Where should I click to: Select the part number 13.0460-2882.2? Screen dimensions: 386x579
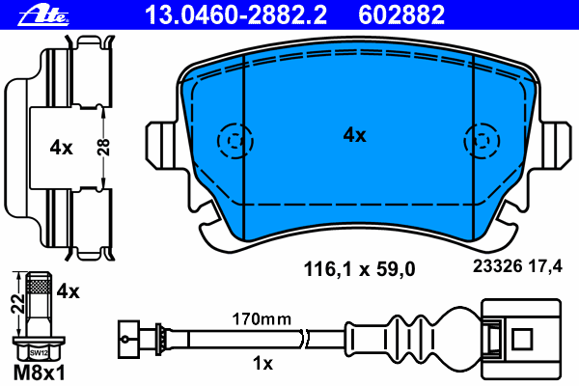(236, 13)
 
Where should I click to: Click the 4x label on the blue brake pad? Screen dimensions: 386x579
(355, 136)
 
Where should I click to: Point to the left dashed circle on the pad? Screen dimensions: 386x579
(233, 141)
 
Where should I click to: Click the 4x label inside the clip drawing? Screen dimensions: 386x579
(61, 148)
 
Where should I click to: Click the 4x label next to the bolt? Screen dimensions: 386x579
(67, 289)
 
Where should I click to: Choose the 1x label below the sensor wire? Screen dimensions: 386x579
(262, 364)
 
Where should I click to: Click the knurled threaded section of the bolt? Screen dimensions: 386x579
(40, 285)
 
